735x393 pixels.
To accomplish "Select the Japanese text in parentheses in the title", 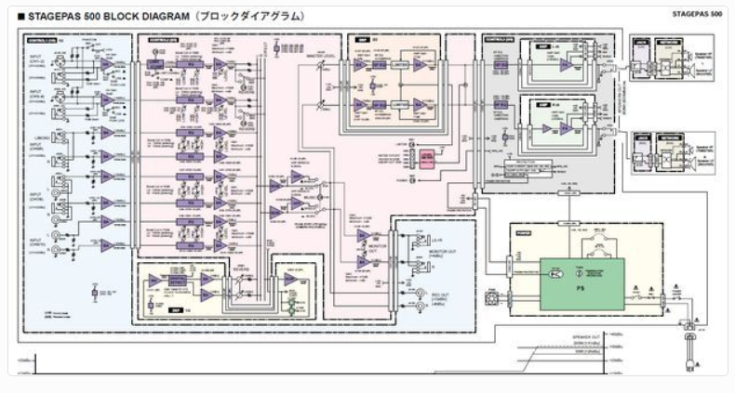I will click(x=244, y=16).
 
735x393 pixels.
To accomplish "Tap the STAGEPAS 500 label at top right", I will click(x=696, y=14).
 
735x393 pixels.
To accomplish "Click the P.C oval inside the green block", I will click(x=555, y=274).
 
